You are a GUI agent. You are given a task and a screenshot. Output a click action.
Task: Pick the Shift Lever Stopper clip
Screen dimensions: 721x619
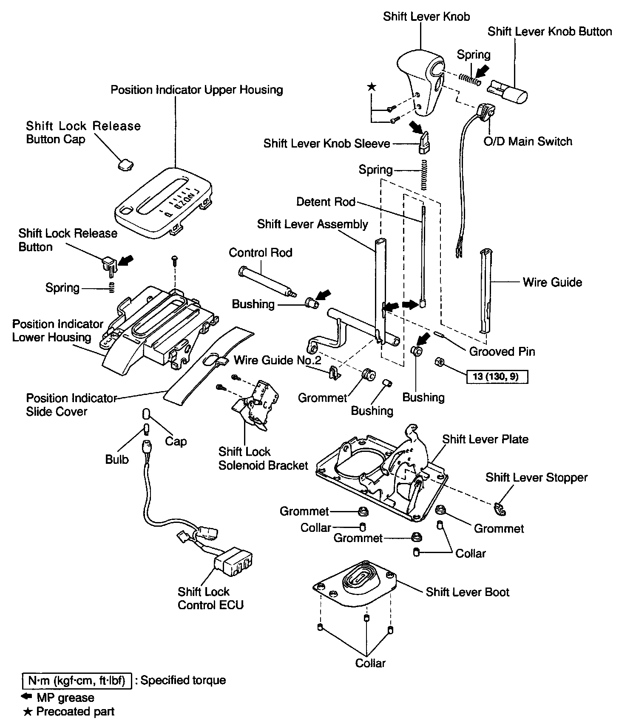500,509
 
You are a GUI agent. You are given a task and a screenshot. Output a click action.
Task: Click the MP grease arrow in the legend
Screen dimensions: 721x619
27,698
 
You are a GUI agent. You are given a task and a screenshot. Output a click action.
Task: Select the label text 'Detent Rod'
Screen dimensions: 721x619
326,202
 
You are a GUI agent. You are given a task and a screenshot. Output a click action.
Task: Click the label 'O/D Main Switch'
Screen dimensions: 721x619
528,142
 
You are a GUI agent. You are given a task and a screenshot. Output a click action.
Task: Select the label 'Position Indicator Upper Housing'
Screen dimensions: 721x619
196,90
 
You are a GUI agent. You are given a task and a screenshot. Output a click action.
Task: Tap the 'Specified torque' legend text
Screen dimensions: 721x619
183,680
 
